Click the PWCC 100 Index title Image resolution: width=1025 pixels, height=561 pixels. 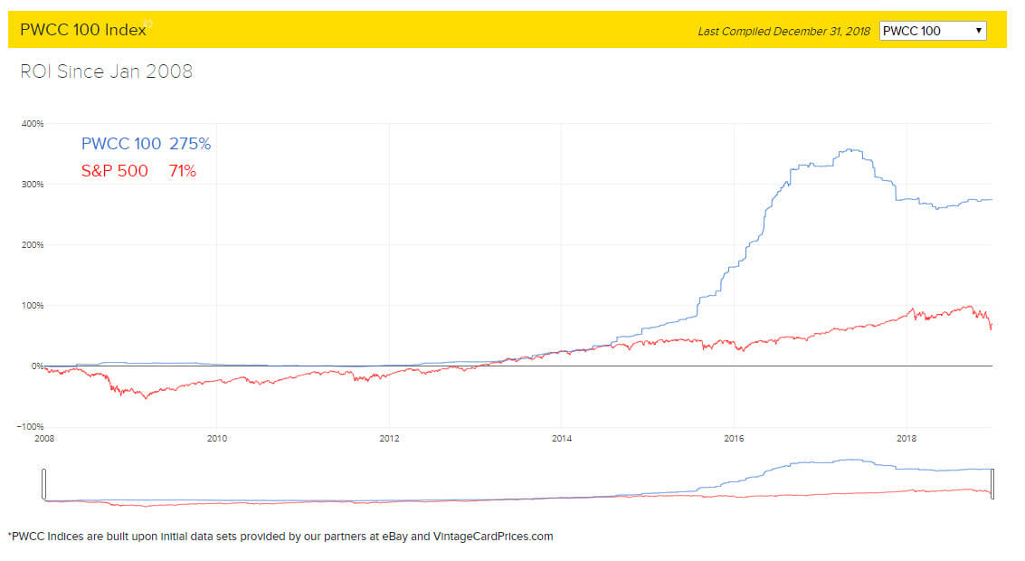pos(82,30)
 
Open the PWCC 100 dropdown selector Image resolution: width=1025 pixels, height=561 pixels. pos(933,31)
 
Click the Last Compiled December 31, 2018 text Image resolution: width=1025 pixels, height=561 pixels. pos(783,32)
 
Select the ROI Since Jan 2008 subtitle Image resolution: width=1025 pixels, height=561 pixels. pos(106,71)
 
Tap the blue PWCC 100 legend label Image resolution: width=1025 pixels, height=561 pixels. pos(121,144)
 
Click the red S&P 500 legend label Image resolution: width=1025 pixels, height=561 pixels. pos(114,170)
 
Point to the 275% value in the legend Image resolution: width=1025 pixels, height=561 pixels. pos(190,144)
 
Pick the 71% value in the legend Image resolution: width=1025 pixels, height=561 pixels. pos(182,170)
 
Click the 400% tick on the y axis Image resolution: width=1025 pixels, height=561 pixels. pos(33,123)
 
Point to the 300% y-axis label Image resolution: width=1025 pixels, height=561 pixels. pos(33,184)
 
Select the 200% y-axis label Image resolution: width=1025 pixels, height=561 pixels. pos(33,244)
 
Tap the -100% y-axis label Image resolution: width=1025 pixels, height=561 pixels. pos(31,426)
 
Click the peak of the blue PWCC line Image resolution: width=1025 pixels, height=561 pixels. pos(851,150)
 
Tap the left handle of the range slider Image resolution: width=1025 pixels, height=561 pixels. pos(43,484)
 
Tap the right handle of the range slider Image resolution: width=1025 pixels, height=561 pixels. pos(992,484)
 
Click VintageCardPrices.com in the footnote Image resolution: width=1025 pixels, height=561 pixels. pos(493,537)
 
